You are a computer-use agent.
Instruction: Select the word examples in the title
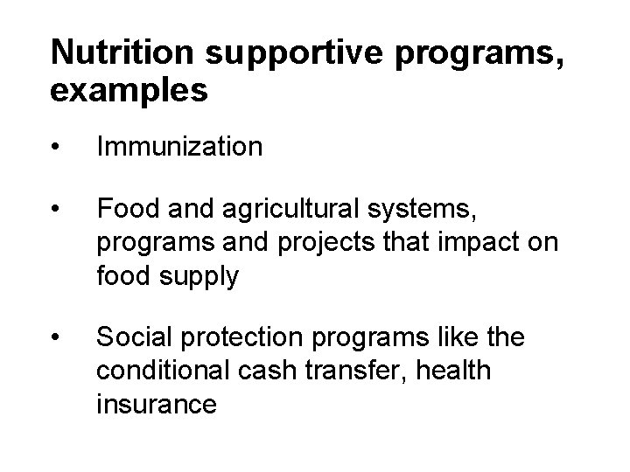(x=129, y=91)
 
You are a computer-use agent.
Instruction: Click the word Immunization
(x=179, y=147)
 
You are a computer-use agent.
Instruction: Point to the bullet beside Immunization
(x=57, y=147)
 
